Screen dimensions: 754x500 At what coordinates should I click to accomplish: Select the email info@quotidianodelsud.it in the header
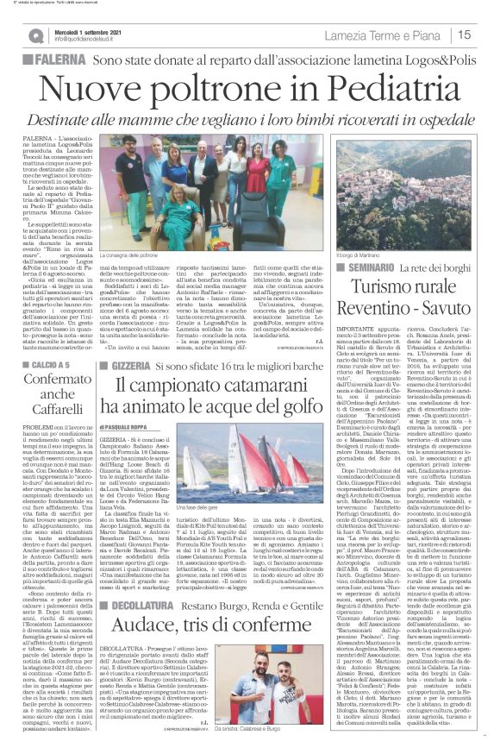(x=91, y=39)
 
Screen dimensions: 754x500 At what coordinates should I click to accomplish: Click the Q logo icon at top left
(x=36, y=35)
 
